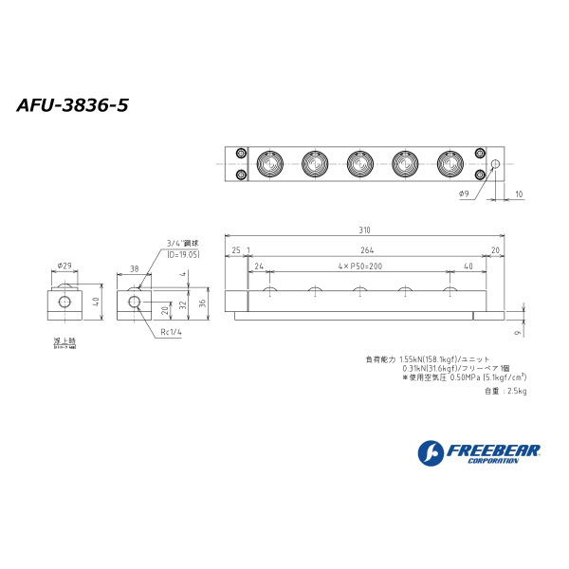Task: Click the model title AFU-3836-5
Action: [72, 105]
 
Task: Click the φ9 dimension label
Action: [464, 193]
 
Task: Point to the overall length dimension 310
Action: [365, 230]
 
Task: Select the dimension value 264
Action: [365, 249]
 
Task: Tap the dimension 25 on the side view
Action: [235, 249]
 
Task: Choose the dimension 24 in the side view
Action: [258, 266]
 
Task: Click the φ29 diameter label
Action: [64, 266]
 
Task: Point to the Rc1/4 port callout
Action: [172, 332]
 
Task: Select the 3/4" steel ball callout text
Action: [182, 243]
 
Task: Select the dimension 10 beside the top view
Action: [518, 193]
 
